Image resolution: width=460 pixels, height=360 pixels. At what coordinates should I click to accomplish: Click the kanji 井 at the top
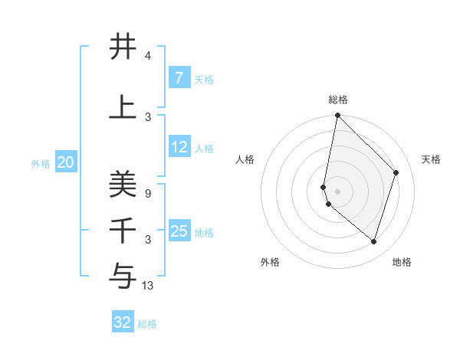click(123, 47)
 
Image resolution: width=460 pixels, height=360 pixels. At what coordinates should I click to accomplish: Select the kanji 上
click(123, 107)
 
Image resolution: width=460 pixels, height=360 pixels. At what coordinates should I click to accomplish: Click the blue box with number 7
click(179, 78)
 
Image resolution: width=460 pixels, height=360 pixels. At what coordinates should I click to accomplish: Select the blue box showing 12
click(179, 147)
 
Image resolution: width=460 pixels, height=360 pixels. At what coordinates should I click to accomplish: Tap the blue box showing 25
click(179, 231)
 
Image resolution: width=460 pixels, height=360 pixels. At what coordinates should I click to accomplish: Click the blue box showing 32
click(123, 322)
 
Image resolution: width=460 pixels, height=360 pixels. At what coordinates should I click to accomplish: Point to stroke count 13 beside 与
click(148, 286)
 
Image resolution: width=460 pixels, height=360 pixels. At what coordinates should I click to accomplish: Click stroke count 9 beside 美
click(148, 194)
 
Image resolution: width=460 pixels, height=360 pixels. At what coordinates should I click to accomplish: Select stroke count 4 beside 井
click(148, 56)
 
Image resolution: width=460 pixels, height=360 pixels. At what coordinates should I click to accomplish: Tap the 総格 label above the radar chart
click(338, 100)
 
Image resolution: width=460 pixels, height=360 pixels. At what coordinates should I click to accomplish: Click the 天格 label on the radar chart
click(432, 159)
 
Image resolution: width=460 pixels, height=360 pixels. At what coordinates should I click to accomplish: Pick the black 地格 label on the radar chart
click(402, 262)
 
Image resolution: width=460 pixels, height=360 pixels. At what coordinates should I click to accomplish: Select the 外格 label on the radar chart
click(270, 262)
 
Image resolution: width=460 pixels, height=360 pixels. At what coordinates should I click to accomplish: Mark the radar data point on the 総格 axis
click(337, 115)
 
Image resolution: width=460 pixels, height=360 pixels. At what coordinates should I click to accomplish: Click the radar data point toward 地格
click(374, 242)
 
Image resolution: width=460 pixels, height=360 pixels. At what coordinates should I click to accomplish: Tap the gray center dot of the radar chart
click(337, 191)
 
